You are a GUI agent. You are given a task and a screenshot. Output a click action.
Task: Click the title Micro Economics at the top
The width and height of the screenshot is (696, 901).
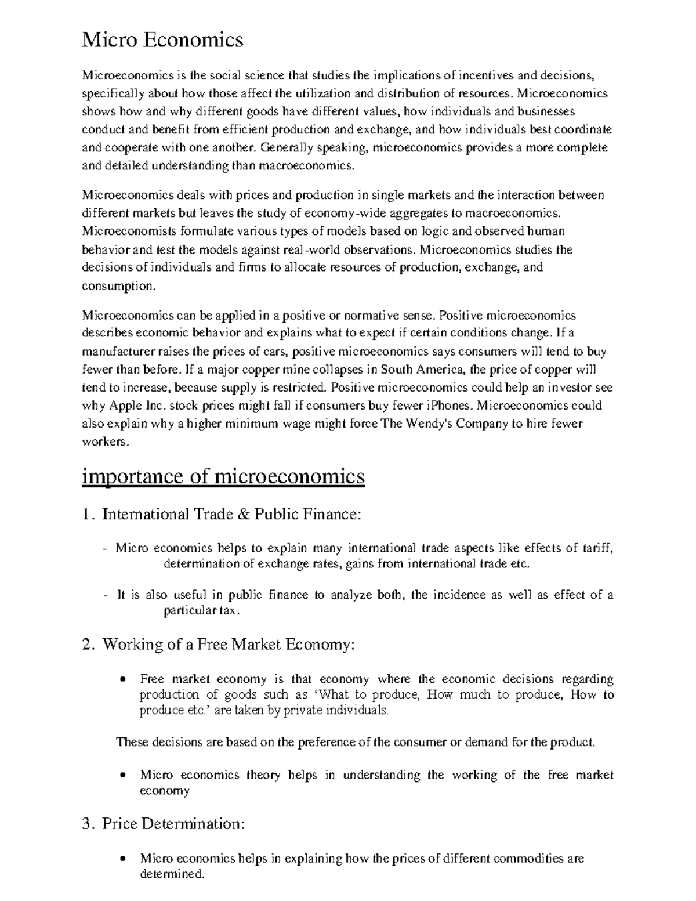click(162, 40)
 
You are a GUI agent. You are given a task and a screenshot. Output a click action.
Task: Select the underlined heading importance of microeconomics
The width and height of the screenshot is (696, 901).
click(223, 476)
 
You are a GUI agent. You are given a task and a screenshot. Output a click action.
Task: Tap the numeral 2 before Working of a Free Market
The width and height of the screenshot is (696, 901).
click(88, 645)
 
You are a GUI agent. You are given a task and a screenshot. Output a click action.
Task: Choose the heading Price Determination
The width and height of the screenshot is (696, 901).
click(173, 824)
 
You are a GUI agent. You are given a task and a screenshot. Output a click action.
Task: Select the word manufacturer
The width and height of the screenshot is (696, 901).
click(119, 352)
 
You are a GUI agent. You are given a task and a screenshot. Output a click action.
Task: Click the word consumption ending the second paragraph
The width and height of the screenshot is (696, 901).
click(110, 286)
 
